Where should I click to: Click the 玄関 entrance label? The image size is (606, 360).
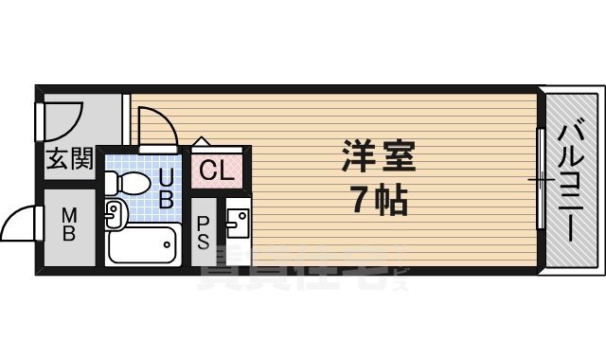[69, 158]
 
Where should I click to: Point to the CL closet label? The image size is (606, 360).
[218, 171]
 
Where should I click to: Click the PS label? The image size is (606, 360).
[204, 232]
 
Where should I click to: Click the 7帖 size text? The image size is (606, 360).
[377, 200]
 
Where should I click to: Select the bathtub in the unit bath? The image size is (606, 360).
[141, 246]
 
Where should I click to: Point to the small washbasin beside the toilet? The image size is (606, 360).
[115, 215]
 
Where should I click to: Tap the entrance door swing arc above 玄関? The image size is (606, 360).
[64, 118]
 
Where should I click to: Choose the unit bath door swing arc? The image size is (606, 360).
[153, 126]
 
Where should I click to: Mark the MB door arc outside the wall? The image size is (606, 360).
[19, 225]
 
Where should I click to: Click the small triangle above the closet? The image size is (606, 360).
[202, 141]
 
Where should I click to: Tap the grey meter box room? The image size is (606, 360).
[68, 227]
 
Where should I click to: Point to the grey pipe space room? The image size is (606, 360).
[204, 237]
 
